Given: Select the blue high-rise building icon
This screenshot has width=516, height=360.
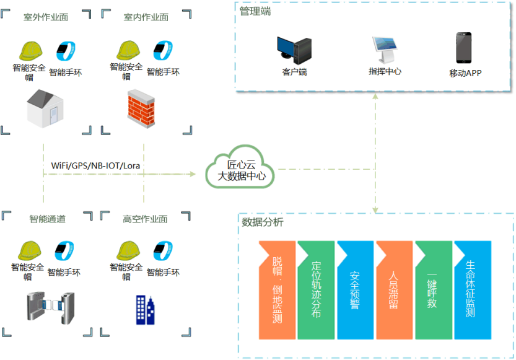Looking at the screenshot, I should pos(146,309).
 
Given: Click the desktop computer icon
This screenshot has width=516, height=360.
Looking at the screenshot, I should pos(294,51).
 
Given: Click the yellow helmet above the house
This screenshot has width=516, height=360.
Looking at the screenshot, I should pos(30,50).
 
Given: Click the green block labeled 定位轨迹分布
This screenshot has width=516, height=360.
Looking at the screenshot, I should pos(316,290).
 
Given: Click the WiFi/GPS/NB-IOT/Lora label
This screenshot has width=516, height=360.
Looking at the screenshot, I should pos(97,165).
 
